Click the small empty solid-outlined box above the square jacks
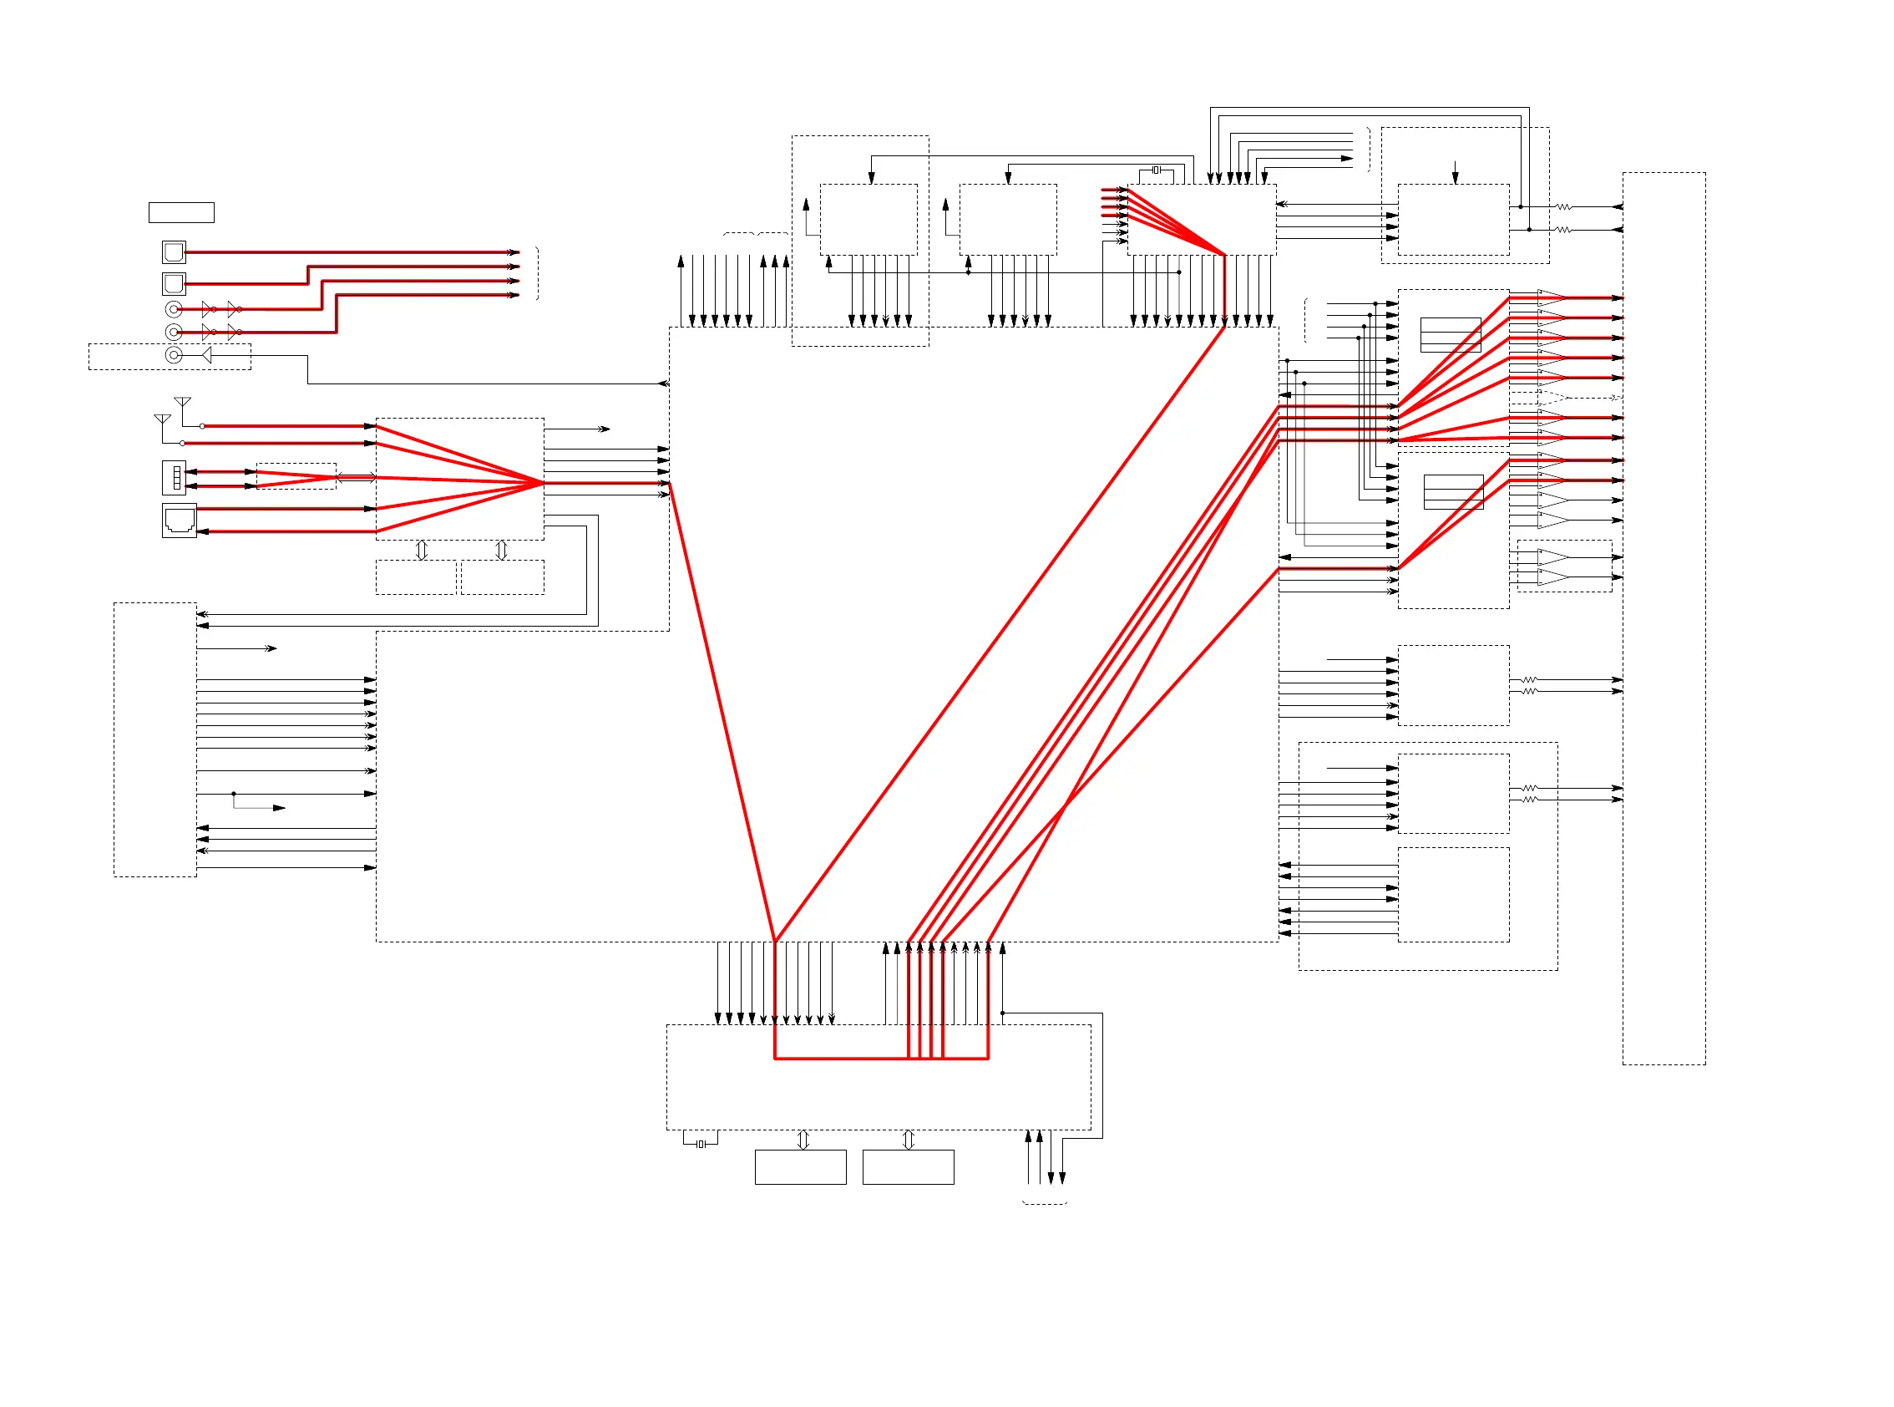tap(181, 212)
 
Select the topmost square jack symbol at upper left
tap(174, 252)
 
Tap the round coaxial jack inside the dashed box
tap(174, 355)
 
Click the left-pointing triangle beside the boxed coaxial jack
tap(206, 355)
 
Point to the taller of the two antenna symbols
tap(182, 403)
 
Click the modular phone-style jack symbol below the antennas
tap(180, 520)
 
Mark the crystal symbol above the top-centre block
tap(1156, 170)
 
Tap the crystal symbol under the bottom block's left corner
tap(701, 1144)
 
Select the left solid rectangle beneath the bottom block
tap(800, 1167)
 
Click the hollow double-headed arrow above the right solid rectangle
tap(909, 1140)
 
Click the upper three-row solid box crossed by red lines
tap(1451, 335)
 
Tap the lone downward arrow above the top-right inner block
tap(1455, 173)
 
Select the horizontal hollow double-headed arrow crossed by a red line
tap(357, 478)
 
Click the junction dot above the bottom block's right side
tap(1003, 1013)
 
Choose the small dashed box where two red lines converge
tap(296, 476)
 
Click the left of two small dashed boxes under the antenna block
tap(416, 577)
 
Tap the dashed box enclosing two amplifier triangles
tap(1565, 566)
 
